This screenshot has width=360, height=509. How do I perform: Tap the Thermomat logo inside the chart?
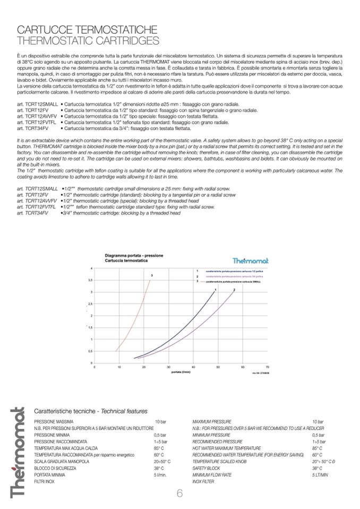(x=251, y=261)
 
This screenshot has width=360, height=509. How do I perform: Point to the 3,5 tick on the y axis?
(x=90, y=280)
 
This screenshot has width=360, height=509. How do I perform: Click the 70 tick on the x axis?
(x=267, y=367)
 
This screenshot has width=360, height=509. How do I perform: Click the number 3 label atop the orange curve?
(x=152, y=275)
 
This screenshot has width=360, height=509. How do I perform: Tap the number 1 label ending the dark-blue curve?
(x=216, y=289)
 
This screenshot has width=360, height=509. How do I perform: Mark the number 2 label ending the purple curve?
(x=235, y=289)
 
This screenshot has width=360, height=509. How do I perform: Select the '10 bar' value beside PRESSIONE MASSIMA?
(x=160, y=421)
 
